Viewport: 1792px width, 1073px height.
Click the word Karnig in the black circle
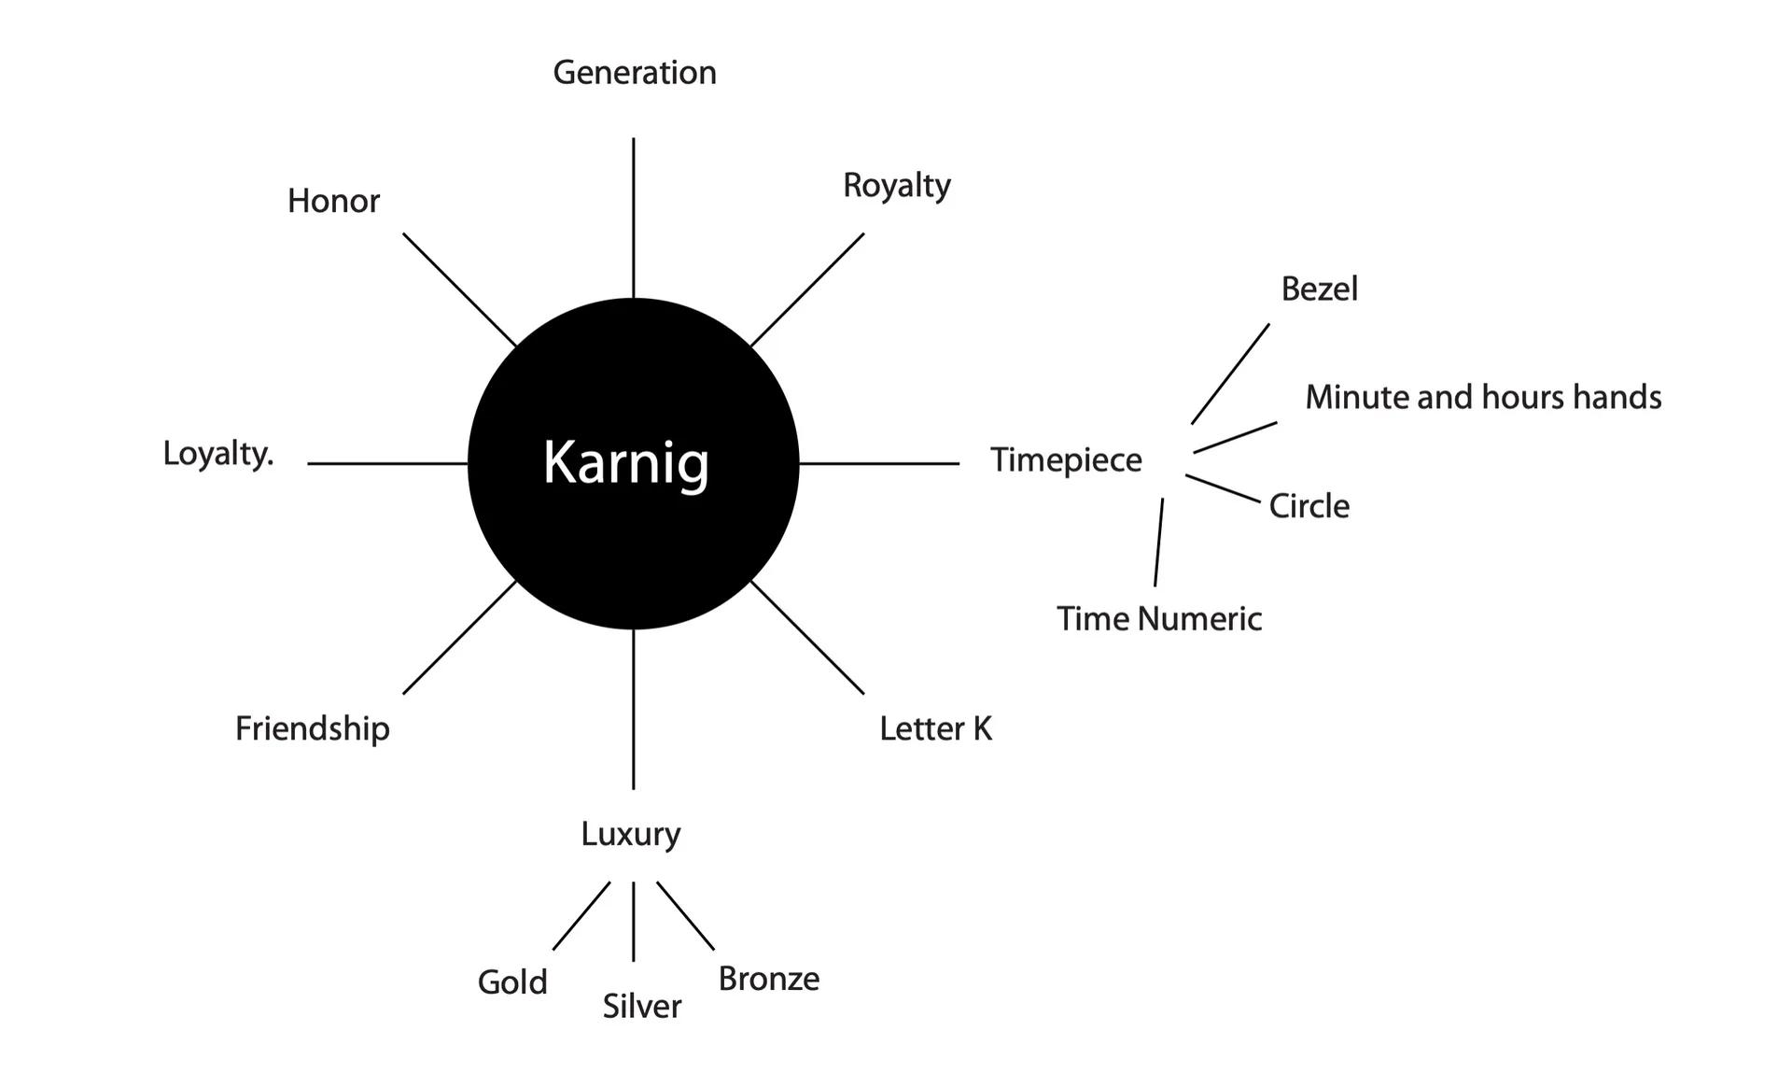click(626, 463)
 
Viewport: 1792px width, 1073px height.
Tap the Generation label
click(635, 73)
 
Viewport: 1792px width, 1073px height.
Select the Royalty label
click(897, 186)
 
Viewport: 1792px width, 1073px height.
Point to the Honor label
click(333, 201)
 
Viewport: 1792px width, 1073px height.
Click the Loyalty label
click(218, 454)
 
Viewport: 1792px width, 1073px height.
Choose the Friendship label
click(313, 728)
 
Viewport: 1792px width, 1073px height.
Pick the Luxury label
click(631, 834)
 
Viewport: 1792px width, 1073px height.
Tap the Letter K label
click(936, 728)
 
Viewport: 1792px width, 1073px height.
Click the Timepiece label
click(1066, 460)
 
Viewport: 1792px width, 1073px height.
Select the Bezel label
click(1319, 289)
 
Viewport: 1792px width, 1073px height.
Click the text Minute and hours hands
click(1483, 397)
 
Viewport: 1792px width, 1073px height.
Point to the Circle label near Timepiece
click(1309, 506)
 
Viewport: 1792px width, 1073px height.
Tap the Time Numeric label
click(1159, 618)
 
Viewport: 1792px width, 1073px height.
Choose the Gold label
click(512, 982)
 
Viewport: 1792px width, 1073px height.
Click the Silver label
click(642, 1006)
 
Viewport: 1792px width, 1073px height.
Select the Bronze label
click(769, 979)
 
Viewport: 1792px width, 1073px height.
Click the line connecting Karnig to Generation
click(634, 219)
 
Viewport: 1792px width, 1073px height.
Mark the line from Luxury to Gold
click(581, 916)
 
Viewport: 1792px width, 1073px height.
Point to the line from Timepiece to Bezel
click(1230, 374)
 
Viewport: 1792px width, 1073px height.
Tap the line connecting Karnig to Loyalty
click(387, 463)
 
